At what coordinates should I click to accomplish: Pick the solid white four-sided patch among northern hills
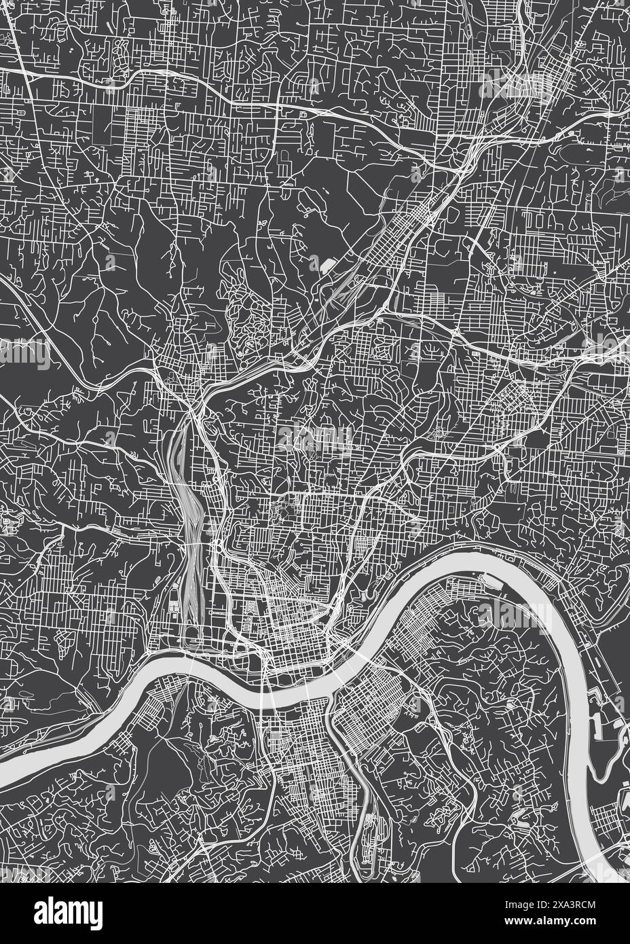tap(329, 264)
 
